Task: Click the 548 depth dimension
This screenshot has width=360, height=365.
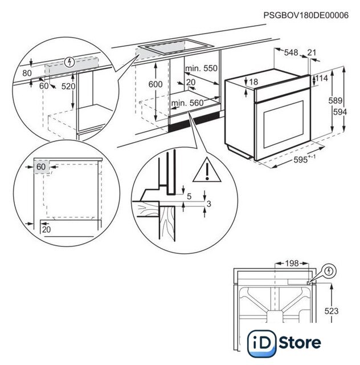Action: coord(291,52)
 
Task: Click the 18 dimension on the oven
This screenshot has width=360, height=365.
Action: coord(253,82)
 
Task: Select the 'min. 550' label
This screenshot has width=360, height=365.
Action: coord(202,68)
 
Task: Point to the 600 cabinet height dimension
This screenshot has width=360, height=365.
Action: coord(155,83)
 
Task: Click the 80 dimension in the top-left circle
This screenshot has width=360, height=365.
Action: coord(26,73)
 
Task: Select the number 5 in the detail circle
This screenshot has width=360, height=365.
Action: coord(189,196)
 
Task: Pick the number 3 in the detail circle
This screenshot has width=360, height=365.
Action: coord(208,204)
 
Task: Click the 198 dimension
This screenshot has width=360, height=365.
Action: coord(291,263)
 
